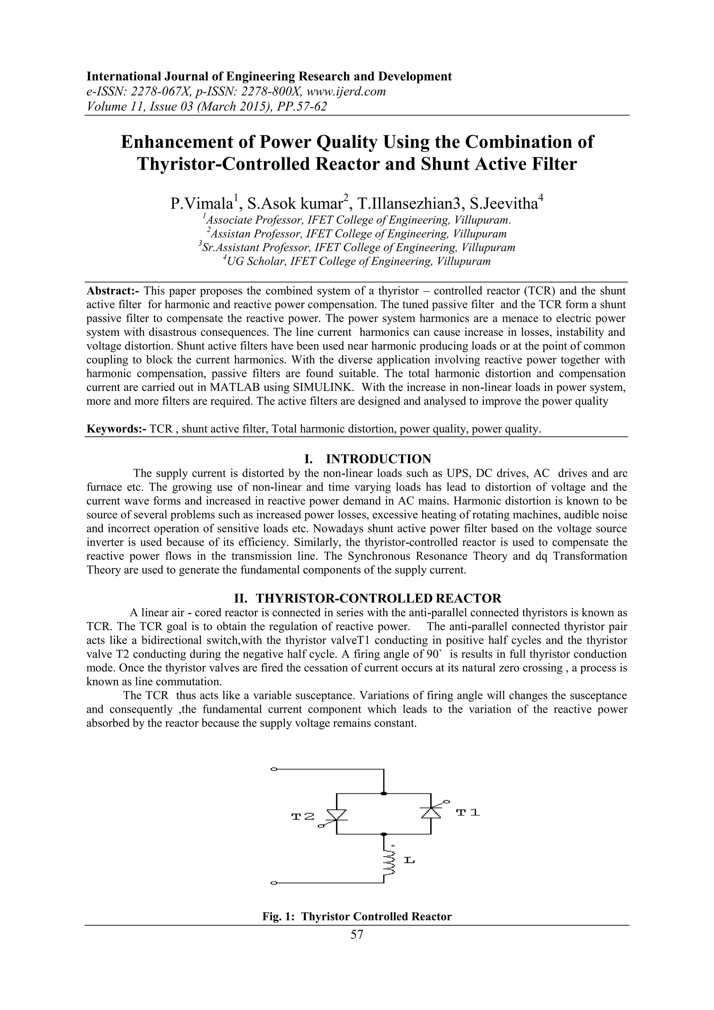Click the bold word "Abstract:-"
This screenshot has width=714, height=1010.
[x=113, y=291]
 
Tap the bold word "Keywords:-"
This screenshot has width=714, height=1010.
[x=116, y=429]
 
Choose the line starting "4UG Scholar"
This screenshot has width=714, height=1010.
[x=357, y=262]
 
